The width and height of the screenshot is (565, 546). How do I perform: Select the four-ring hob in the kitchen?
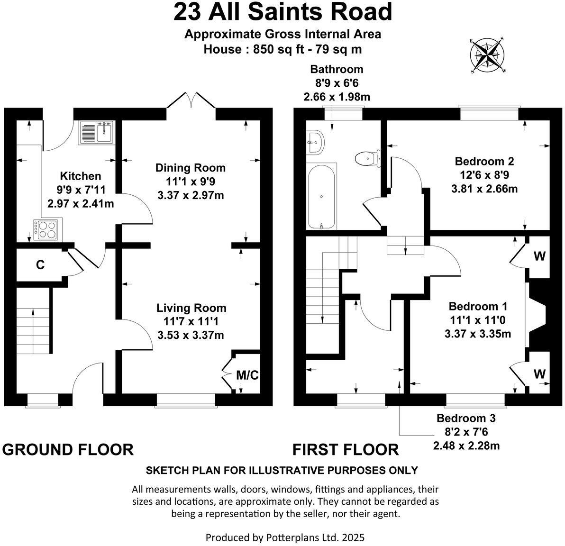47,229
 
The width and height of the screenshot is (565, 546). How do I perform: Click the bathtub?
322,196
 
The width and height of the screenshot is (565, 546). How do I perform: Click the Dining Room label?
191,168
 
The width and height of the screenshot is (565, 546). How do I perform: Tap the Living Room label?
191,309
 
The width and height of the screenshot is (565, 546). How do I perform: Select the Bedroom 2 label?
484,161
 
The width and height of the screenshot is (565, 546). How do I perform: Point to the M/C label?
247,376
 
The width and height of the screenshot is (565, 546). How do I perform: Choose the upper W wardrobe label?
539,256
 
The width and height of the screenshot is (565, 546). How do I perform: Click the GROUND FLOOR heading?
68,449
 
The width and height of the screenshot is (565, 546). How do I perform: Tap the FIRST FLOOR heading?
346,449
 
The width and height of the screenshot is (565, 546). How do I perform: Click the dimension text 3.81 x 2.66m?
484,189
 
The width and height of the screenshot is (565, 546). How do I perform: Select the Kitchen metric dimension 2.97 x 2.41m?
80,204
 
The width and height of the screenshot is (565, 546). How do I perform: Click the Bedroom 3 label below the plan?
466,419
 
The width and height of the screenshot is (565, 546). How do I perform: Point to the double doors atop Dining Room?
192,100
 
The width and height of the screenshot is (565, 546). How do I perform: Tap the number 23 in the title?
187,12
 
